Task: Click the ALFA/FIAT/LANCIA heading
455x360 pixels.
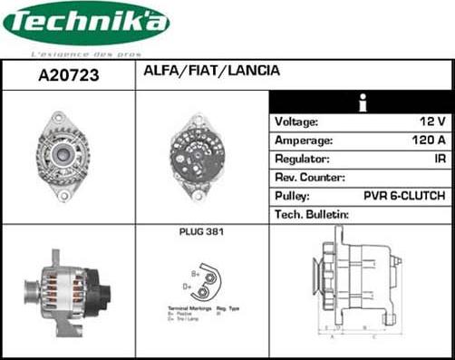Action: coord(211,71)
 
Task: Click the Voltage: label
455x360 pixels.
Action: coord(296,122)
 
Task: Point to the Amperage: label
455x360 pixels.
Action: coord(303,141)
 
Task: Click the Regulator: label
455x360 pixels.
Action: coord(302,159)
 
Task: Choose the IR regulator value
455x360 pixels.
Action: coord(439,159)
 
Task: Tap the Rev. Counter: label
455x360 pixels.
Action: coord(309,178)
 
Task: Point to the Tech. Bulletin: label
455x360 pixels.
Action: coord(312,215)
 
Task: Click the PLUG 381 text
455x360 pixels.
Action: coord(201,233)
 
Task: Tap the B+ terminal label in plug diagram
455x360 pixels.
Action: coord(195,272)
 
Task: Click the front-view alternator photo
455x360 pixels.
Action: coord(63,155)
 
